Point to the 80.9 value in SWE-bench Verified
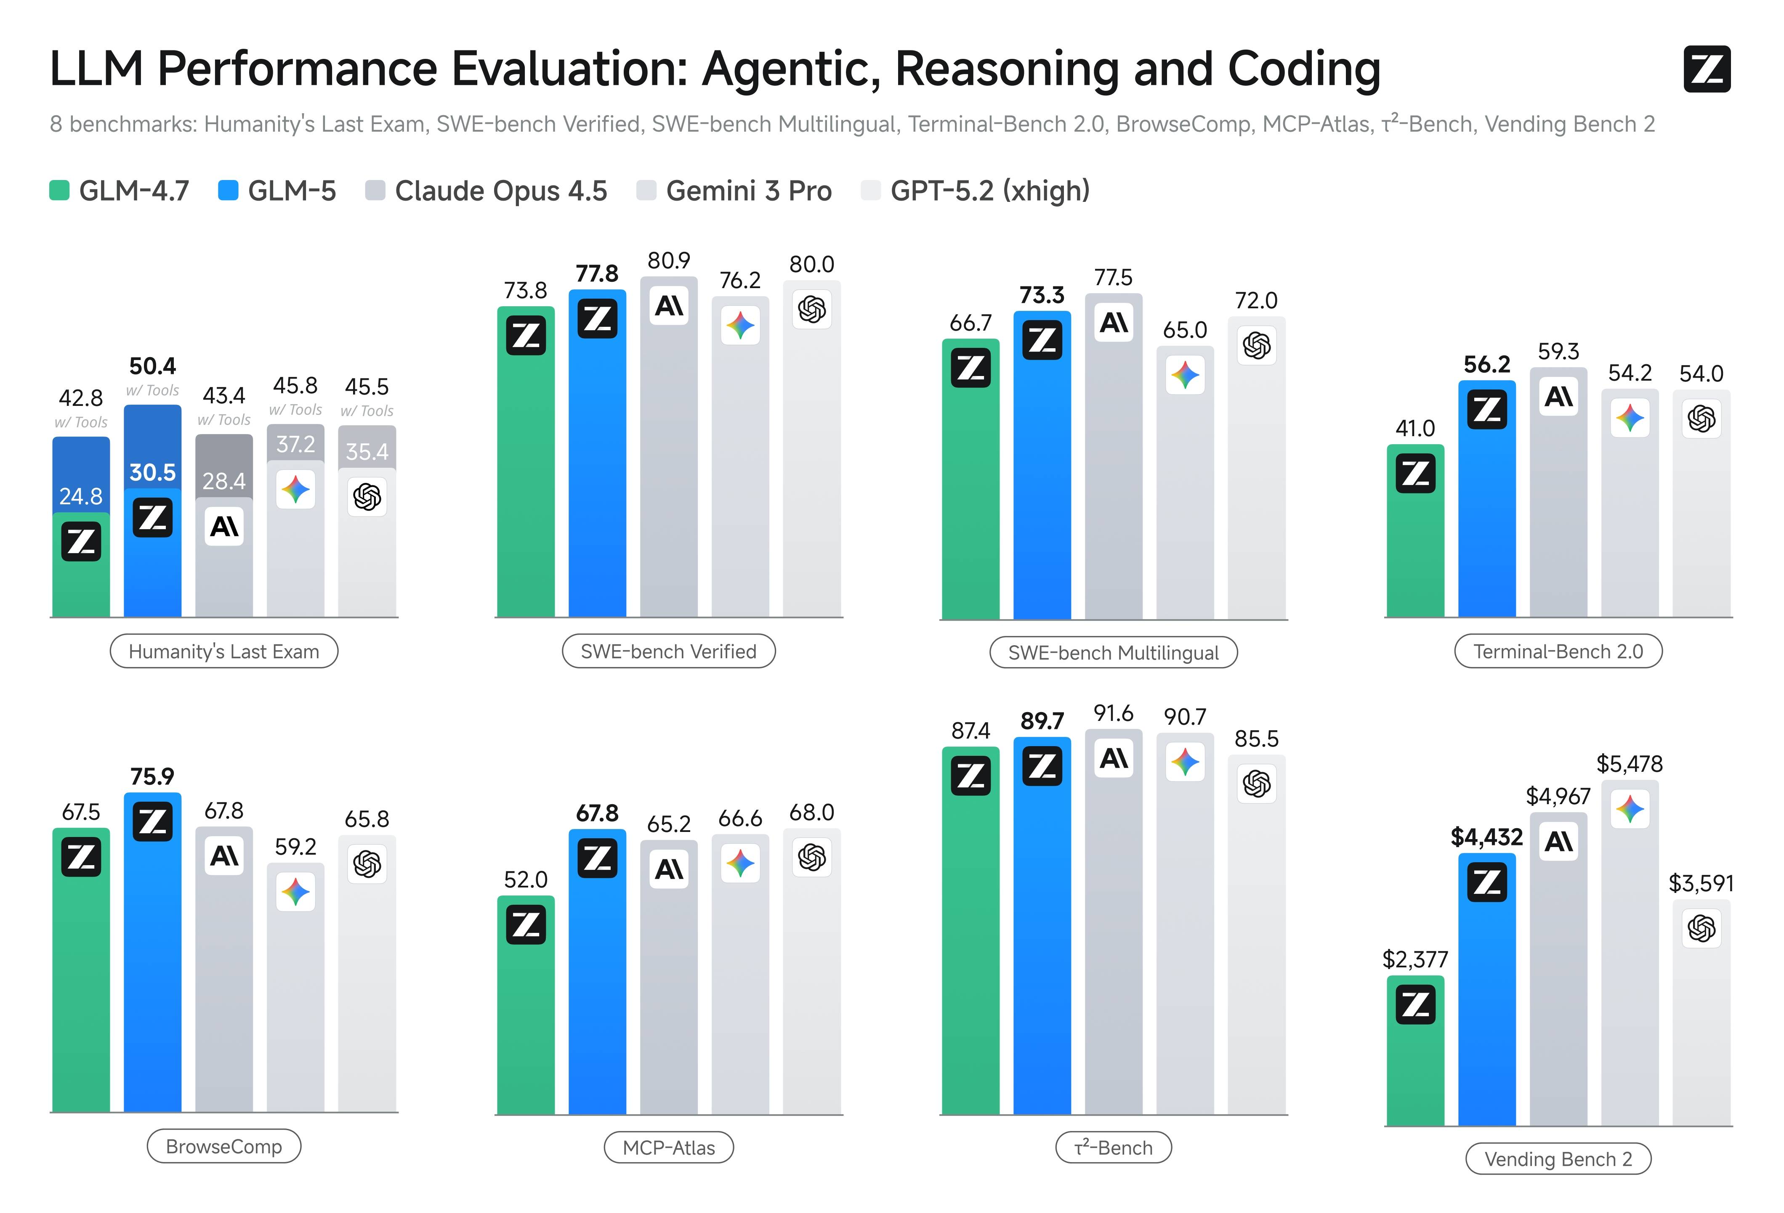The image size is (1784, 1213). click(x=669, y=261)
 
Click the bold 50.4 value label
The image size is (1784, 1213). click(x=152, y=366)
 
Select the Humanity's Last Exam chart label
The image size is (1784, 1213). click(x=223, y=652)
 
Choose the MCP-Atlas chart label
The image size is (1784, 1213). click(x=669, y=1148)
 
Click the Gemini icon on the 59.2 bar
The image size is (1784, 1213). click(x=295, y=892)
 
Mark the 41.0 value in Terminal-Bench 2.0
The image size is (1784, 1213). click(x=1415, y=428)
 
